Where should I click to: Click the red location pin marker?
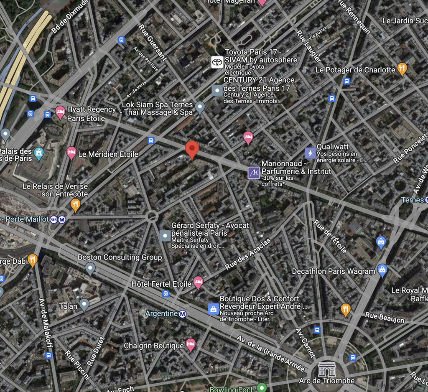192,150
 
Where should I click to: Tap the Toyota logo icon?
217,62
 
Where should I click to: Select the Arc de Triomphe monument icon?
327,370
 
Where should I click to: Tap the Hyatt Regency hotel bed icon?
60,112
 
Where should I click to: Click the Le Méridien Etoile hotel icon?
71,153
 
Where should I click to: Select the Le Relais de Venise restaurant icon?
75,205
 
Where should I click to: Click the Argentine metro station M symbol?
183,313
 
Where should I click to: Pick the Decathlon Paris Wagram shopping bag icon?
382,270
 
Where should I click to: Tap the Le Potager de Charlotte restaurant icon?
402,69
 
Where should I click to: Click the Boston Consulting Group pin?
90,268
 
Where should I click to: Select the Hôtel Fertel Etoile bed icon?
198,283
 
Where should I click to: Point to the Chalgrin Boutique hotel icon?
191,345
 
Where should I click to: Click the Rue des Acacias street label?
248,254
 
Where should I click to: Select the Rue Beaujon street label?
385,317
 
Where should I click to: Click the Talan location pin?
84,305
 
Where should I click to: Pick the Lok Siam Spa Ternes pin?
200,107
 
